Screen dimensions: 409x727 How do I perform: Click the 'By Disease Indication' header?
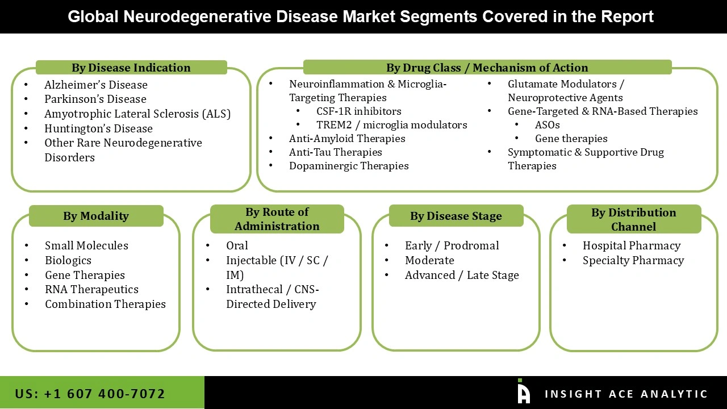coord(131,68)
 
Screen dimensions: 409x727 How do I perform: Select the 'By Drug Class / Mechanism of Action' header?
coord(487,68)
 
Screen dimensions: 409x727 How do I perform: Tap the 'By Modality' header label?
coord(96,216)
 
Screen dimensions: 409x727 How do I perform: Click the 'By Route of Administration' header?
coord(277,219)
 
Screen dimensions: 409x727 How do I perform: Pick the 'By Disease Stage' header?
coord(456,216)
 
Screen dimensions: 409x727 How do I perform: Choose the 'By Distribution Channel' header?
coord(633,219)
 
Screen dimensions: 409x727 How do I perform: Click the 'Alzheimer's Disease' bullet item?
coord(96,85)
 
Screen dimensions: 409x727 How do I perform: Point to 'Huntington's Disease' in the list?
coord(98,128)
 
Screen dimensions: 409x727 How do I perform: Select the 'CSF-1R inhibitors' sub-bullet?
coord(358,111)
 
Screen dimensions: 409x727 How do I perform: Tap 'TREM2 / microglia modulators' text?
coord(391,125)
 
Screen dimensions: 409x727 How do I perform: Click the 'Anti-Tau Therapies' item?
coord(335,152)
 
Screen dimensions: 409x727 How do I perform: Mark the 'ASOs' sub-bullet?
coord(547,125)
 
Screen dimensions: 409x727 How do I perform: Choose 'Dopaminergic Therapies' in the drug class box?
coord(349,166)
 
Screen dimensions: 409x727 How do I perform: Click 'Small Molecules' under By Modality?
coord(86,245)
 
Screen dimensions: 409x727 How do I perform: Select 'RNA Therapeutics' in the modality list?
coord(91,289)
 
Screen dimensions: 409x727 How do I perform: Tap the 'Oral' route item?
coord(237,245)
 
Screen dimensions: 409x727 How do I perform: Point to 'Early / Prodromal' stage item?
coord(452,245)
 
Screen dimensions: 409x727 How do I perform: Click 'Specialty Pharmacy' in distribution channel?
coord(633,260)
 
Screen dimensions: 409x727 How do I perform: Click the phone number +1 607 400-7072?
coord(90,393)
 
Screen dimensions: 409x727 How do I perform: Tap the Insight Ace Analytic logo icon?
coord(523,392)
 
